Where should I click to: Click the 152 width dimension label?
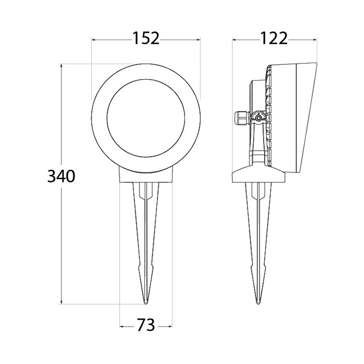pos(146,38)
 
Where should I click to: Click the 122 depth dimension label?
pos(274,38)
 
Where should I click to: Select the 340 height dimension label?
pos(61,176)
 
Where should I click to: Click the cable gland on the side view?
pos(242,118)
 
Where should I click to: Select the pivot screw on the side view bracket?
pos(258,119)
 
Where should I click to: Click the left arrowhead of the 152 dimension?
pos(93,40)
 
